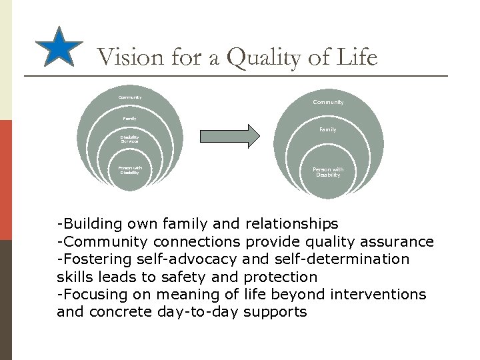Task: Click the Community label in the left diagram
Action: pos(130,97)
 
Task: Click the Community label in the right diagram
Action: pos(328,102)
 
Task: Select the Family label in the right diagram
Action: pos(327,129)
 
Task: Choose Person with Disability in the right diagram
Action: pos(327,172)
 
